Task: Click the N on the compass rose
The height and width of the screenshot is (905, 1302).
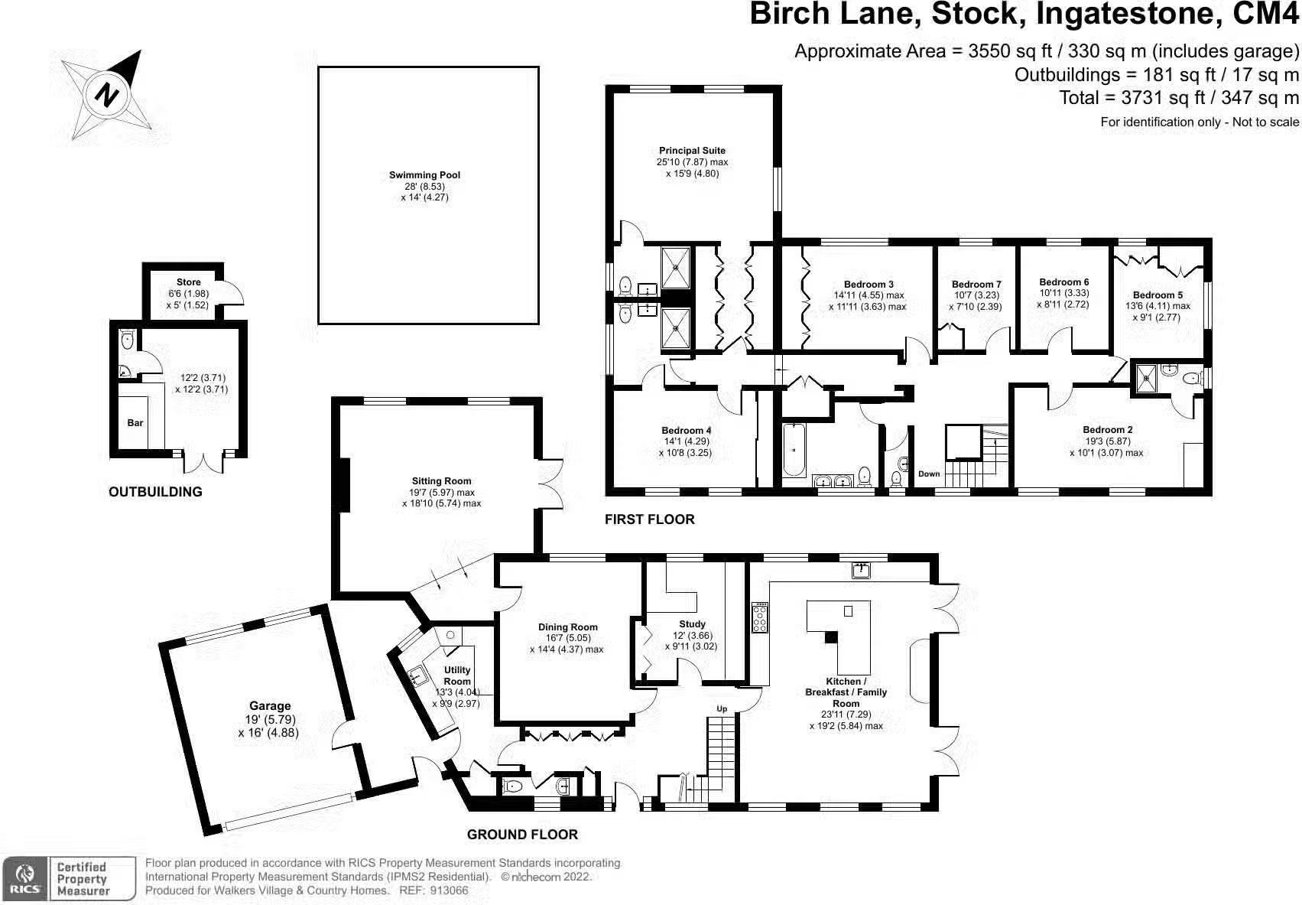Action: tap(106, 94)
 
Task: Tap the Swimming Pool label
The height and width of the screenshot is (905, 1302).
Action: tap(424, 175)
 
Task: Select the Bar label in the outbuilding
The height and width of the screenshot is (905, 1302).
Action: tap(135, 423)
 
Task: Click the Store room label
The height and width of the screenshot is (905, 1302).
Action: tap(188, 282)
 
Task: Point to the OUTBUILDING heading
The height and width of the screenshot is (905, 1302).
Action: tap(155, 492)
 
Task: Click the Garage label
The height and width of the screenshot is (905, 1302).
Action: tap(270, 706)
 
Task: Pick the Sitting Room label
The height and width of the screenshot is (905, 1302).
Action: tap(441, 481)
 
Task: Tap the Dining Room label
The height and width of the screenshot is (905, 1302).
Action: tap(567, 627)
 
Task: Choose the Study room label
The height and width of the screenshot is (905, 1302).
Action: tap(692, 624)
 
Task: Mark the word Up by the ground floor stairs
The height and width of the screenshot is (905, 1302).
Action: tap(722, 708)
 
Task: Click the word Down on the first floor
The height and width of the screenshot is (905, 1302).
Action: tap(929, 474)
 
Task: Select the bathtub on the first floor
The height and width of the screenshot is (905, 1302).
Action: tap(794, 450)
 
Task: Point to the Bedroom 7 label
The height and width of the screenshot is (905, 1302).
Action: tap(976, 285)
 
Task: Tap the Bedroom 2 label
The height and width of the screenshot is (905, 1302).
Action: tap(1107, 430)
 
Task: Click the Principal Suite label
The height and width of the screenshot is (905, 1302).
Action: tap(692, 151)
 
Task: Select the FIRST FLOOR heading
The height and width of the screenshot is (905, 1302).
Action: tap(649, 519)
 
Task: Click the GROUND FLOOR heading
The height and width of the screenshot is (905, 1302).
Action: tap(522, 835)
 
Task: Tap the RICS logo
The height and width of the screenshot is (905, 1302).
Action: tap(24, 878)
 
